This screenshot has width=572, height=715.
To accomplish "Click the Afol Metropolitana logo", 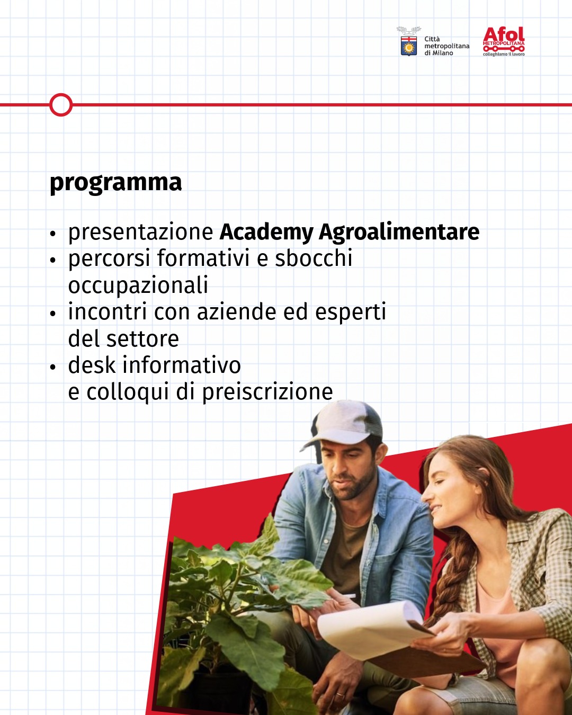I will (503, 41).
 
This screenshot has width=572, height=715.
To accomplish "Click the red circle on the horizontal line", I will (61, 105).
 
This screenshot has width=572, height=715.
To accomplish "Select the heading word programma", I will (115, 183).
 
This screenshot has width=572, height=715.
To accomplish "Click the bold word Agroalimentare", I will (399, 232).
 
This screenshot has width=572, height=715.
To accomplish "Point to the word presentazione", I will (140, 232).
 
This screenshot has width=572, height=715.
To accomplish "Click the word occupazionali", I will (138, 285).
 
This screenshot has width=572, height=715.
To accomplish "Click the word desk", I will (92, 365).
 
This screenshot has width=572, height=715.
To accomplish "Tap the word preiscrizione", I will (267, 392).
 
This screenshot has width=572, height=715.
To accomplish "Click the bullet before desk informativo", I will (52, 367).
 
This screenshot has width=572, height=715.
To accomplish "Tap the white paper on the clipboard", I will (371, 628).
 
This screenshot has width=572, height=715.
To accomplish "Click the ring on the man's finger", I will (340, 693).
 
